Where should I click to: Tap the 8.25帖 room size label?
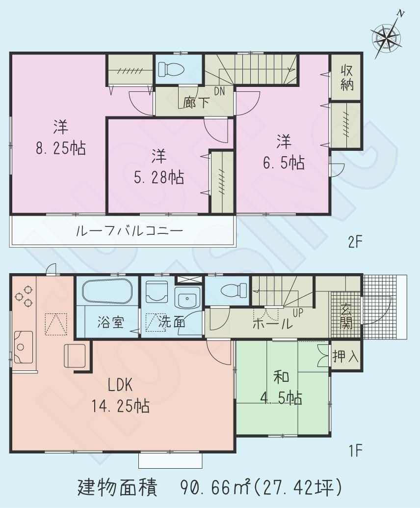pos(61,147)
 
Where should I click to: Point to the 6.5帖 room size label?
pos(283,162)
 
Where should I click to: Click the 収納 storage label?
pos(347,78)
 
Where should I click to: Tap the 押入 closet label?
pos(346,357)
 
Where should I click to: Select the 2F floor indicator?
pos(355,242)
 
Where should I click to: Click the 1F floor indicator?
pos(355,450)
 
